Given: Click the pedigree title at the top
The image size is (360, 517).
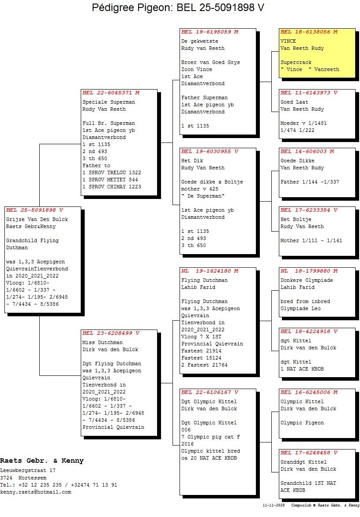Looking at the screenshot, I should click(x=178, y=8).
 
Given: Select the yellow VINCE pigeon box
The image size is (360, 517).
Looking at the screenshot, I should click(x=317, y=53).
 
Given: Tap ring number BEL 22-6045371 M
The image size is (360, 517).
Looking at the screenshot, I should click(x=111, y=93).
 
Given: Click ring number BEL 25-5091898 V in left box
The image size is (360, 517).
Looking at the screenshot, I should click(x=34, y=210).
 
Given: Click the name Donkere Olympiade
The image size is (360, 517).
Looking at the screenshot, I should click(x=307, y=280).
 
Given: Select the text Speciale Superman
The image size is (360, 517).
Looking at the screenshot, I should click(x=109, y=102).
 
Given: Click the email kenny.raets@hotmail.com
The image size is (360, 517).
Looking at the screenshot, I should click(x=35, y=492).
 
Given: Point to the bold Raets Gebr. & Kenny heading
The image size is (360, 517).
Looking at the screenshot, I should click(x=41, y=461).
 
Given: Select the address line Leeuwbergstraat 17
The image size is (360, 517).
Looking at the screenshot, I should click(x=28, y=471).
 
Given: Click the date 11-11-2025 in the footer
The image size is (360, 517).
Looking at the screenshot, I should click(x=274, y=505).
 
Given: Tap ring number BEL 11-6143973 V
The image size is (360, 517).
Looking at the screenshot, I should click(x=309, y=93).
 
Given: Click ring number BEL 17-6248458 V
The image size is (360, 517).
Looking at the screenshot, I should click(x=309, y=453).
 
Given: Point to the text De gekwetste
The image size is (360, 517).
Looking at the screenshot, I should click(x=199, y=41).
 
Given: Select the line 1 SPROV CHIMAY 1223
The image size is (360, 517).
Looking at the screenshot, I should click(x=112, y=187).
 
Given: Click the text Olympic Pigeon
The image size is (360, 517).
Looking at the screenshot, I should click(x=302, y=423).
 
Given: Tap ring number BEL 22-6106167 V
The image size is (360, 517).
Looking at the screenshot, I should click(x=210, y=392).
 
